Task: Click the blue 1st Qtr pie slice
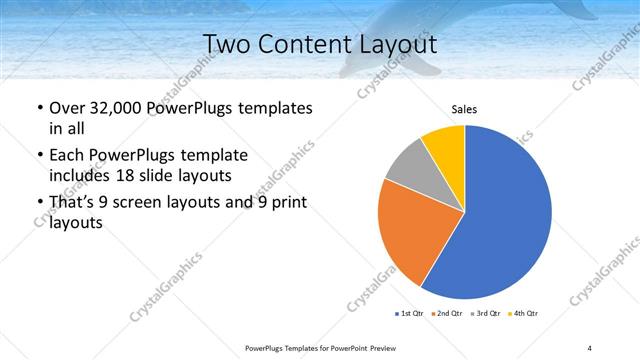point(500,220)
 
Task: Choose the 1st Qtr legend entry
point(409,314)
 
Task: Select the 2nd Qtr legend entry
point(447,314)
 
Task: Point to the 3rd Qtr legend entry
point(485,314)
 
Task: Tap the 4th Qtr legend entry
point(523,314)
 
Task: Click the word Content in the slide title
point(316,45)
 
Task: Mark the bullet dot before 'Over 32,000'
point(39,108)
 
